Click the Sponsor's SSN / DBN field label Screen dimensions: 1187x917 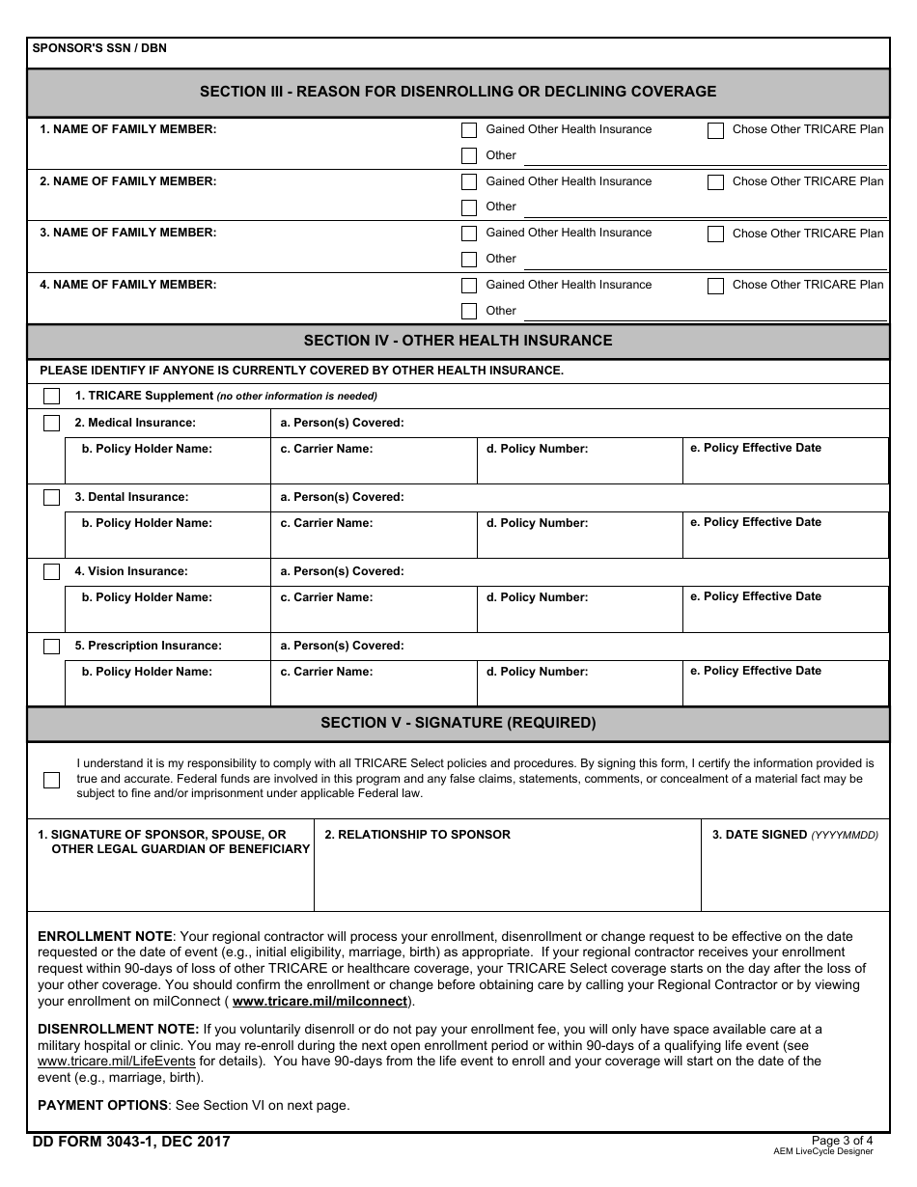point(99,48)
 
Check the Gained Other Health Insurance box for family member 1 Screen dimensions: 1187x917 point(469,130)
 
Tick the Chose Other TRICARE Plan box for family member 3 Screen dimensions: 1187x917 point(715,234)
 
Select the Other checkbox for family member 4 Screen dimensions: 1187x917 point(469,311)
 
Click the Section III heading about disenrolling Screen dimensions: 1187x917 point(458,92)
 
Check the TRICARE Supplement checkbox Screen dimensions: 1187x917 point(51,396)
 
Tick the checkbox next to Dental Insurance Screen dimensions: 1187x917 point(51,498)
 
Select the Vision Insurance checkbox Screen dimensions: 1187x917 point(51,572)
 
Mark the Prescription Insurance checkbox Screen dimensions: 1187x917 point(51,647)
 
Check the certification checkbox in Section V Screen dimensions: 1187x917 point(51,780)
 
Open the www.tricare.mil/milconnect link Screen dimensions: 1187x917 point(320,1002)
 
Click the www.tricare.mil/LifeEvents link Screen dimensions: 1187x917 point(116,1062)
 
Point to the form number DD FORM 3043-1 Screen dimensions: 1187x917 point(131,1143)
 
